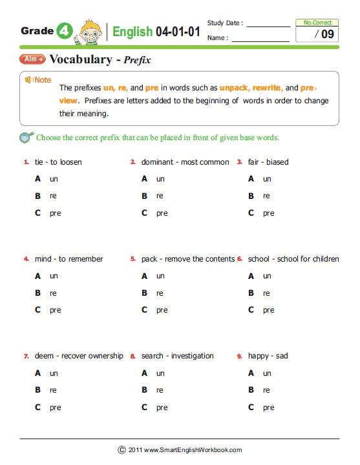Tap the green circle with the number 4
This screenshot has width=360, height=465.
coord(65,30)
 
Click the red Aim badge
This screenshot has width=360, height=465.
coord(32,59)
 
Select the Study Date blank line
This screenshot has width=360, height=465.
coord(268,26)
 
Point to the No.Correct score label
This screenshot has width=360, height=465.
coord(317,23)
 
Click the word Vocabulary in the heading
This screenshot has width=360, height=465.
coord(79,60)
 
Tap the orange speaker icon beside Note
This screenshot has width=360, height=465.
coord(28,79)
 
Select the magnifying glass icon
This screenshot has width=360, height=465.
coord(26,137)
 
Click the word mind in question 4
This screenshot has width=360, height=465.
coord(43,259)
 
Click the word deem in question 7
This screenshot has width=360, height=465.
coord(44,356)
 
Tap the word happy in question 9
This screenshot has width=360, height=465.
coord(259,356)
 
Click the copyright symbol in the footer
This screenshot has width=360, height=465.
coord(122,449)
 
